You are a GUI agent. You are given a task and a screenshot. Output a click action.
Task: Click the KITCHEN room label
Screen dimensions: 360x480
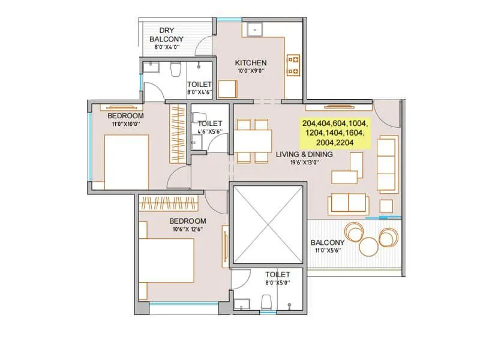click(251, 63)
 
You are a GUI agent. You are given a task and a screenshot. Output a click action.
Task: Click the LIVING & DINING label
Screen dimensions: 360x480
click(304, 154)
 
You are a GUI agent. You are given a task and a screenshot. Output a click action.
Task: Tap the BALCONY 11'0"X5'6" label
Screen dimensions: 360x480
click(328, 242)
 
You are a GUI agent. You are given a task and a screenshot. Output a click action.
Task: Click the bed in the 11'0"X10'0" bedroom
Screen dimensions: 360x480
click(127, 161)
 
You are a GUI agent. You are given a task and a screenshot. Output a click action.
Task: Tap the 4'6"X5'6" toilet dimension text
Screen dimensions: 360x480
click(210, 131)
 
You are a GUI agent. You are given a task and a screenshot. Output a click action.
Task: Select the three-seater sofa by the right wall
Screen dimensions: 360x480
click(386, 164)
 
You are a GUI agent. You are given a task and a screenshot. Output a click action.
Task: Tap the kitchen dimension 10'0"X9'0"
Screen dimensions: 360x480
click(251, 71)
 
